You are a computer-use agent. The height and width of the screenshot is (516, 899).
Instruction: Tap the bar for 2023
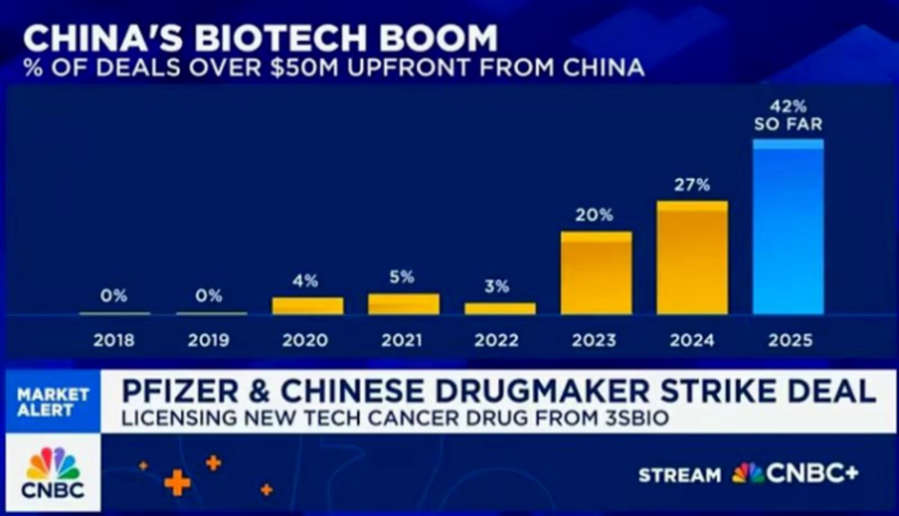[x=596, y=273]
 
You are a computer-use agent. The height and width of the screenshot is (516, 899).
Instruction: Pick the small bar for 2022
[x=500, y=308]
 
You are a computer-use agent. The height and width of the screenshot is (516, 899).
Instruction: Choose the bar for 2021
[x=404, y=304]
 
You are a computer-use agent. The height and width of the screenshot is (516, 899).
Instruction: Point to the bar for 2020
[x=308, y=306]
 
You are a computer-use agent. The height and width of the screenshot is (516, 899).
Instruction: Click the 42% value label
[x=788, y=106]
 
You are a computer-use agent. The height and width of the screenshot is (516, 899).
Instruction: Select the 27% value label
[x=692, y=185]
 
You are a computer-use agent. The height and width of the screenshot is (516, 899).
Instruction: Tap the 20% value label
[x=594, y=216]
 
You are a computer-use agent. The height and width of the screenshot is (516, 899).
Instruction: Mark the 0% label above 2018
[x=114, y=296]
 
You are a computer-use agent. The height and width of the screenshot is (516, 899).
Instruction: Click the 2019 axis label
[x=209, y=340]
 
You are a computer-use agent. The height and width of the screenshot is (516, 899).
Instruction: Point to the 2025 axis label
[x=790, y=340]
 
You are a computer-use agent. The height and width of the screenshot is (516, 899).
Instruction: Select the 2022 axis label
[x=496, y=340]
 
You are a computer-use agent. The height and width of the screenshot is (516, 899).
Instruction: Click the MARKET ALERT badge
[x=53, y=401]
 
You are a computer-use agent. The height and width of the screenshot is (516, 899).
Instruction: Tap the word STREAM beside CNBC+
[x=680, y=475]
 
